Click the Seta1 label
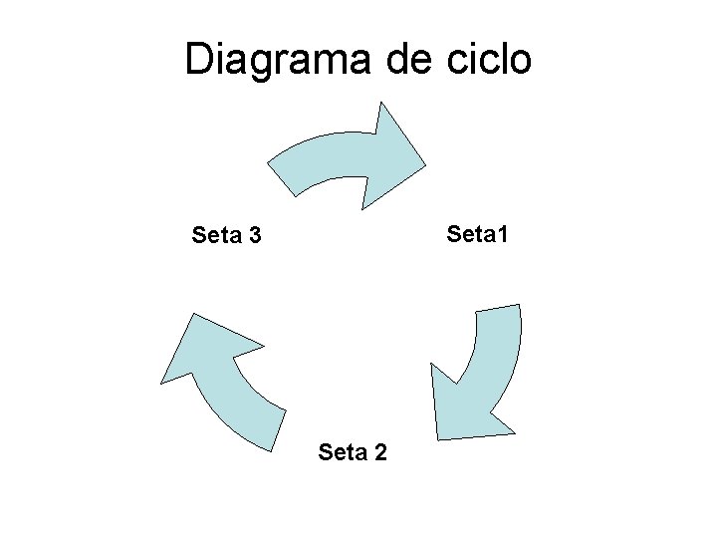[x=478, y=235]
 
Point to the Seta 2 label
[x=354, y=453]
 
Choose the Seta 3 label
[x=226, y=236]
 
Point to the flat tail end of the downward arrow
[x=498, y=310]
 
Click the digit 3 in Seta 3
[x=255, y=236]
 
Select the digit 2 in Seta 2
[x=381, y=453]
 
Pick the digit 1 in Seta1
[x=502, y=235]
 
